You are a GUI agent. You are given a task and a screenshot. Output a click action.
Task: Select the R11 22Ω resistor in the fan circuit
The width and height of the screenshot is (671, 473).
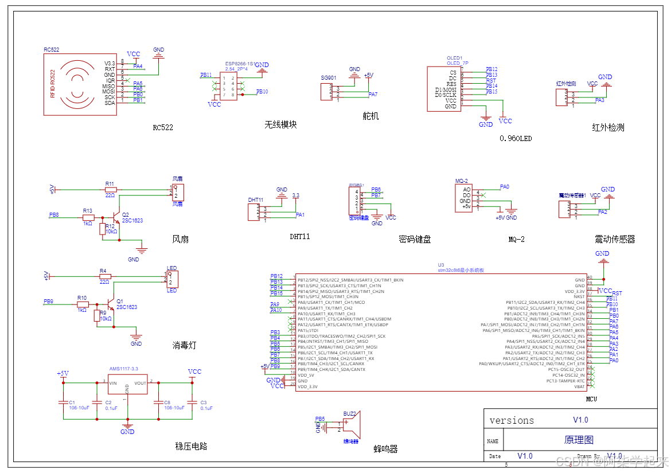(x=110, y=189)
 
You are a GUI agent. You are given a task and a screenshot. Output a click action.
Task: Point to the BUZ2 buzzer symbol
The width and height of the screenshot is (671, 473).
(x=351, y=426)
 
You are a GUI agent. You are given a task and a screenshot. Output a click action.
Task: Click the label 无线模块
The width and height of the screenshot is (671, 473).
(x=280, y=124)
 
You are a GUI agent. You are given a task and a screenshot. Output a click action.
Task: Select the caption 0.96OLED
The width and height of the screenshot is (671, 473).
(x=516, y=138)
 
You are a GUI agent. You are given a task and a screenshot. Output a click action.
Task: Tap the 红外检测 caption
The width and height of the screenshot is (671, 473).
(x=608, y=127)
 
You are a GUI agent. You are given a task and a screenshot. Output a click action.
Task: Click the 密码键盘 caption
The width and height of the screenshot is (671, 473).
(x=414, y=240)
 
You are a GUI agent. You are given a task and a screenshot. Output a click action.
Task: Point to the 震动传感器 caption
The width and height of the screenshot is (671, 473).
(x=614, y=239)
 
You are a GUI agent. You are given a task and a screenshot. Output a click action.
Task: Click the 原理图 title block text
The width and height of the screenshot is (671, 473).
(x=579, y=440)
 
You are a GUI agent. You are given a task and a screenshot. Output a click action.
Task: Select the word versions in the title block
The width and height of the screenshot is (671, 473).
(x=512, y=420)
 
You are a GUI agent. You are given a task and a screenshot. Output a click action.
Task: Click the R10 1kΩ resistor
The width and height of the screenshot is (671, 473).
(x=83, y=304)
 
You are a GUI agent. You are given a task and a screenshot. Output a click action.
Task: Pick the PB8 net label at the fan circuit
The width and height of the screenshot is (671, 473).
(x=54, y=214)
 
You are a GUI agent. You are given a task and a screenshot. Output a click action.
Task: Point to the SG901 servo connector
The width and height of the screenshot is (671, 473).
(x=326, y=92)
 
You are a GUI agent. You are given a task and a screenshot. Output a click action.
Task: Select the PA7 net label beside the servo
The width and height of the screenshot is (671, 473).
(x=373, y=94)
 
